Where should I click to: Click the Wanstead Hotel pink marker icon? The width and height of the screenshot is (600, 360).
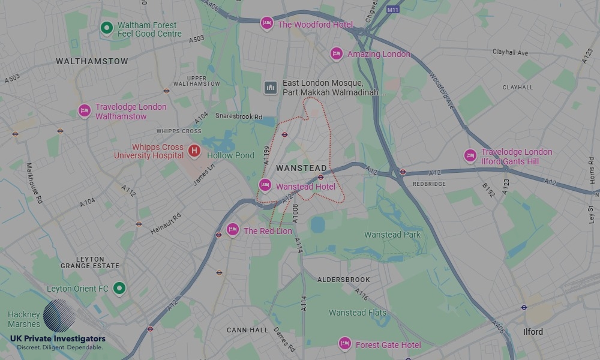[265, 185]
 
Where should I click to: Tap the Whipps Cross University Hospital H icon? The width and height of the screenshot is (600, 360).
[194, 151]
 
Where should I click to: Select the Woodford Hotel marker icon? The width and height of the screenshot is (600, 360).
[266, 23]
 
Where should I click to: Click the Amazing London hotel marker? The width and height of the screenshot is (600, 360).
[337, 53]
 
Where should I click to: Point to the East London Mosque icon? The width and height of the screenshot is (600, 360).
[271, 88]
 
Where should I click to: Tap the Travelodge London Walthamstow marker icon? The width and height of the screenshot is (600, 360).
[85, 111]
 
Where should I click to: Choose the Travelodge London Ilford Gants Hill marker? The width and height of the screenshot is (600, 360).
[470, 156]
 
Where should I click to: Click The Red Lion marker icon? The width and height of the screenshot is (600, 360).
[233, 230]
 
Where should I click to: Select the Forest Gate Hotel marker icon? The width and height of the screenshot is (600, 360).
[344, 344]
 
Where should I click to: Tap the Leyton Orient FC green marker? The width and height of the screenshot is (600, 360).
[119, 289]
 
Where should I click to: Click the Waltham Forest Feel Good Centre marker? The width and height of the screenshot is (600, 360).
[106, 28]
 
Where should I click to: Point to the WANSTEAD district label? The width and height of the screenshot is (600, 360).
[302, 168]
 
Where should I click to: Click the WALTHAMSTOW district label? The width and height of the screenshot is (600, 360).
[92, 61]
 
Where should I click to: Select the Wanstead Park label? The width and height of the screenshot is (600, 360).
[392, 235]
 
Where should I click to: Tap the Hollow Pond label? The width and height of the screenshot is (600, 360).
[231, 155]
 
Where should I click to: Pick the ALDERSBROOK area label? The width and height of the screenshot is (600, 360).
[341, 280]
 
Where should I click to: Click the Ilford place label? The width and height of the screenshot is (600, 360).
[533, 332]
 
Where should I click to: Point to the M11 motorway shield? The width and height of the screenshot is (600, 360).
[393, 10]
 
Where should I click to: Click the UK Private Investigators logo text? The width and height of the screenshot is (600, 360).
[58, 340]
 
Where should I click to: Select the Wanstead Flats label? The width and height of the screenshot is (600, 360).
[358, 313]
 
